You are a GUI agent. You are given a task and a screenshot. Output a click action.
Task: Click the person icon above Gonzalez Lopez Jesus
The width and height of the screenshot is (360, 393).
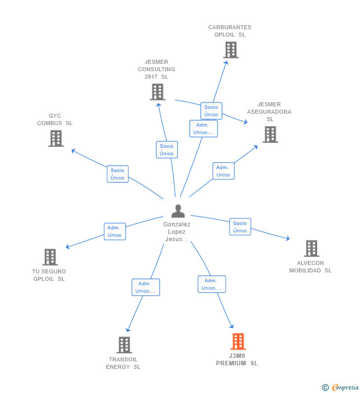(x=178, y=211)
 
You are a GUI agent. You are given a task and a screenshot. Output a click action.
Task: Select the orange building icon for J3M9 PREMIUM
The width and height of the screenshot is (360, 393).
(x=238, y=341)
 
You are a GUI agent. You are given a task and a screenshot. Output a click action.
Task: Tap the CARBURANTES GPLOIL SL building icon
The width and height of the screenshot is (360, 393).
(x=231, y=50)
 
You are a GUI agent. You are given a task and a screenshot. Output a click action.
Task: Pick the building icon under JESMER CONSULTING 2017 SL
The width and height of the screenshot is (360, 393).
(x=157, y=92)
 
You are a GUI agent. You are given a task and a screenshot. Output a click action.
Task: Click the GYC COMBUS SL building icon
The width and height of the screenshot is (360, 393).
(x=56, y=138)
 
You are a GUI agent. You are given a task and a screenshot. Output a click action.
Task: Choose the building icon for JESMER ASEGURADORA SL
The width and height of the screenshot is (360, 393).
(x=270, y=134)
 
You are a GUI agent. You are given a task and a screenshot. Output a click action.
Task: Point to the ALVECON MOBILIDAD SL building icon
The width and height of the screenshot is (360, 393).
(x=312, y=248)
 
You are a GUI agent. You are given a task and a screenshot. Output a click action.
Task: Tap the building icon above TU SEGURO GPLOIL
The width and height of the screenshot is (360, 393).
(x=50, y=257)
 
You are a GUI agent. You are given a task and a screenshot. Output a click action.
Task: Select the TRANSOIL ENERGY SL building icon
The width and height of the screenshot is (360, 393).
(x=124, y=345)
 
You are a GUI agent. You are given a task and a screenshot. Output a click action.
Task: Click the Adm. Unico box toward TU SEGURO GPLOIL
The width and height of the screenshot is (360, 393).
(x=115, y=231)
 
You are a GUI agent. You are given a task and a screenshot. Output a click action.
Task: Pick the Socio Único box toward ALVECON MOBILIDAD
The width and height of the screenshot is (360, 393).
(x=240, y=226)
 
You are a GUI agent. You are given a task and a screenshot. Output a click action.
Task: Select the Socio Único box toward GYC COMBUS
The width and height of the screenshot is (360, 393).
(x=118, y=174)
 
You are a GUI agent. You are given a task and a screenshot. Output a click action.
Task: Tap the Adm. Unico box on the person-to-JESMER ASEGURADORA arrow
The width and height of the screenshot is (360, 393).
(x=224, y=171)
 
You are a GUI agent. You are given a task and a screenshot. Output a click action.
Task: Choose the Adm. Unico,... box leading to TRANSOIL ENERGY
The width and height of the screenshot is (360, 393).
(x=146, y=287)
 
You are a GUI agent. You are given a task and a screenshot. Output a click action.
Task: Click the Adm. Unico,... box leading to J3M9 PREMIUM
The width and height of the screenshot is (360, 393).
(x=212, y=284)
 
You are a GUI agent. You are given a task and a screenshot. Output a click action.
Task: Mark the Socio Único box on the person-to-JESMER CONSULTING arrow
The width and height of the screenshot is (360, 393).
(x=167, y=149)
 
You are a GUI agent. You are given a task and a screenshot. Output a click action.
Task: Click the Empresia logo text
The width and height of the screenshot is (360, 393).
(x=345, y=387)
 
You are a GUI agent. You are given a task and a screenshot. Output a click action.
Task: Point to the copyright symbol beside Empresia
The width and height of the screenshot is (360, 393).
(x=325, y=388)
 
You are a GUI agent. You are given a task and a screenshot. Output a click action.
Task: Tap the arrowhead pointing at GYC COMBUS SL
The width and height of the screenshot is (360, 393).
(x=74, y=151)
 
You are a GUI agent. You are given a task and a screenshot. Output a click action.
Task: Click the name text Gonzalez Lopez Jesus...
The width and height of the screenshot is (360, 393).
(x=177, y=231)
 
